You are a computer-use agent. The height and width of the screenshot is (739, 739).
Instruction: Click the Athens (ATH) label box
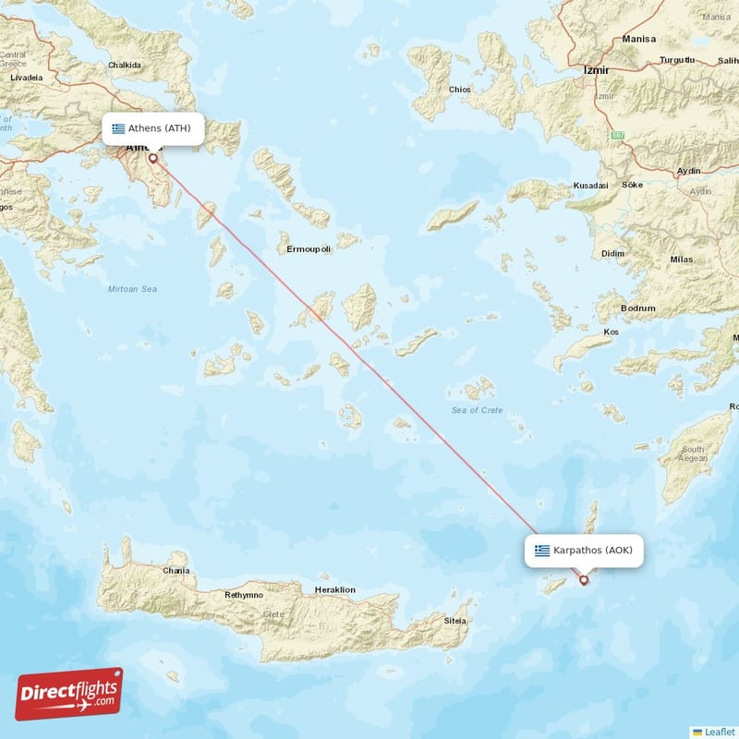point(151,128)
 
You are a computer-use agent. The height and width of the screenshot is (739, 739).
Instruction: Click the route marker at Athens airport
point(153,158)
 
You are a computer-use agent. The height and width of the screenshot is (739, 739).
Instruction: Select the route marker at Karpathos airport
point(584,580)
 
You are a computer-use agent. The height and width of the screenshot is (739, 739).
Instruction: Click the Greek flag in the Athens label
point(118,128)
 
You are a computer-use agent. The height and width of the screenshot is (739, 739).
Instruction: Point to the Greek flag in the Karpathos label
point(542,551)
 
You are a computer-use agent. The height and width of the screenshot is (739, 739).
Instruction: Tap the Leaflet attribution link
point(718,731)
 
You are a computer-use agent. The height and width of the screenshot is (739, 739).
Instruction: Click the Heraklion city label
point(334,589)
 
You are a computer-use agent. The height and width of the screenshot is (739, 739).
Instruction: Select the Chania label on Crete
point(176,571)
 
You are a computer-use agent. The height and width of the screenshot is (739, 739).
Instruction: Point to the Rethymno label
point(244,595)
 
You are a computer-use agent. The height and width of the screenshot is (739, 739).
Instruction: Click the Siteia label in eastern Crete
point(454,621)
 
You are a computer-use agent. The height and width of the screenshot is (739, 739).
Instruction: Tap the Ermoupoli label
point(309,249)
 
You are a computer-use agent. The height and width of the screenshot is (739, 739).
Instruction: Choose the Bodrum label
point(637,309)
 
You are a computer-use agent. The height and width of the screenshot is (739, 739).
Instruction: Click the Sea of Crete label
point(478,410)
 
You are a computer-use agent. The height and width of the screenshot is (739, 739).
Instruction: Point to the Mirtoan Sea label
point(132,289)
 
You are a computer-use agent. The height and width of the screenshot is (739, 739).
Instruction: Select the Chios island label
point(459,90)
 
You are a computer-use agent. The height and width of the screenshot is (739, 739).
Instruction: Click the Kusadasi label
point(590,186)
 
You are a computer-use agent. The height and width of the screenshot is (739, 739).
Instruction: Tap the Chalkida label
point(124,66)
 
